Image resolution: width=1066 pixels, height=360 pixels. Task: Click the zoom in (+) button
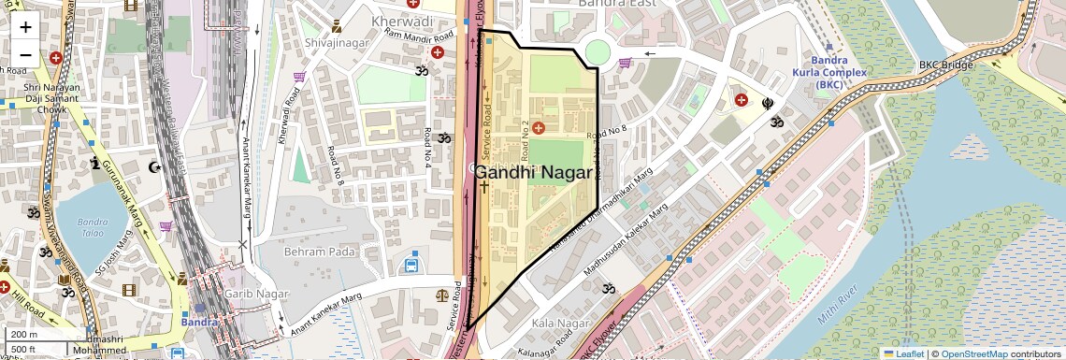[x=25, y=26]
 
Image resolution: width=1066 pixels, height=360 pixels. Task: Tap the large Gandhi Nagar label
[x=534, y=173]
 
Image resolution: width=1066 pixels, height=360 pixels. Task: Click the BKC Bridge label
[x=945, y=65]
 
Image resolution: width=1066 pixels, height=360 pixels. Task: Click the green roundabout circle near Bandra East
[x=598, y=52]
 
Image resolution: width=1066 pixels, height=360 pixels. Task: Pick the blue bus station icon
[x=411, y=266]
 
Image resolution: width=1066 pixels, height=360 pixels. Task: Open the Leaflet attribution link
[x=902, y=353]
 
